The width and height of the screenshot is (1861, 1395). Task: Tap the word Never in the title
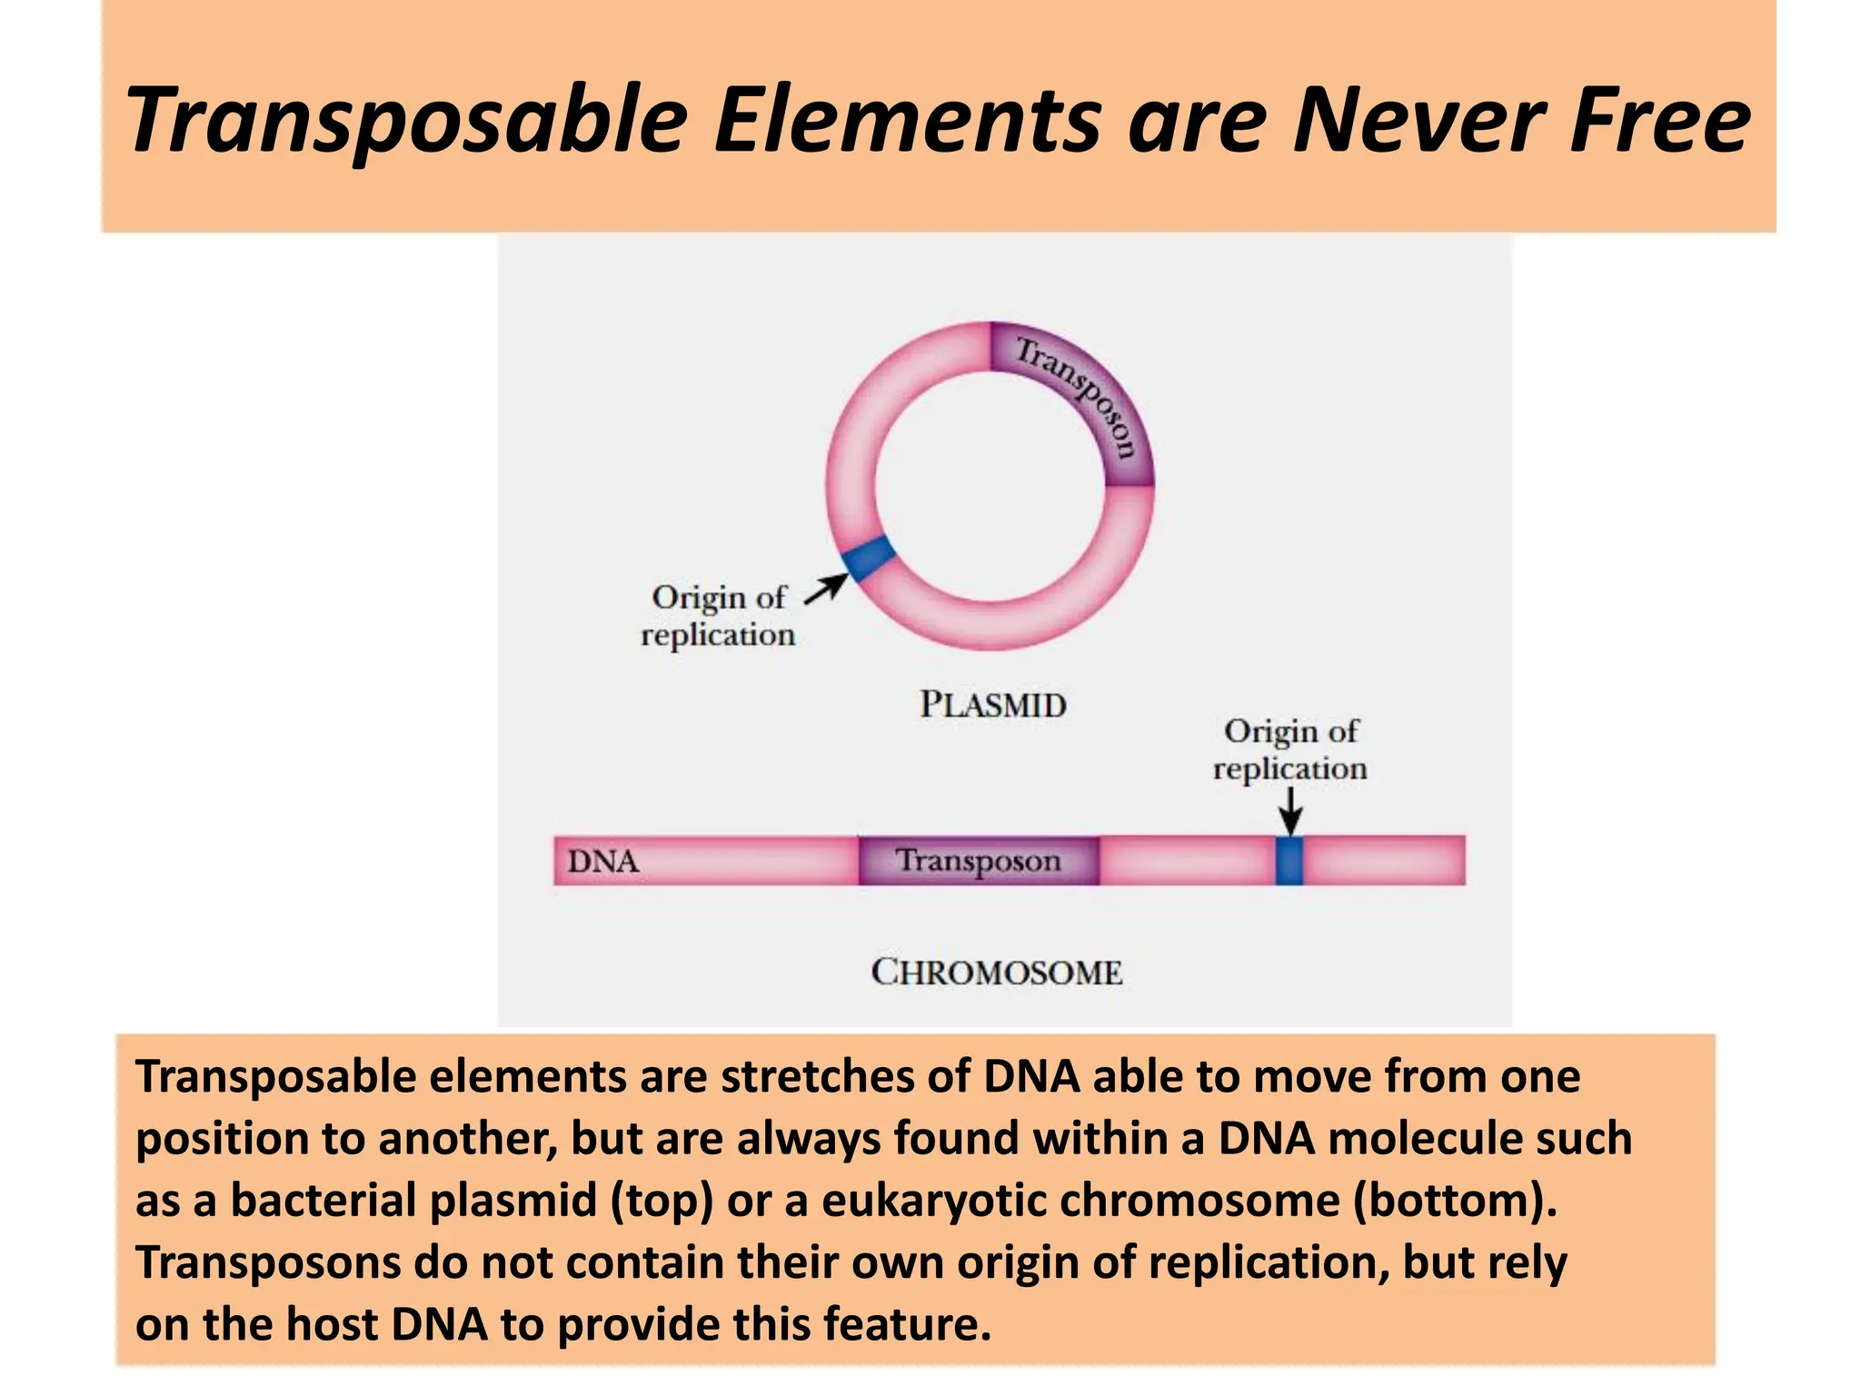click(1418, 120)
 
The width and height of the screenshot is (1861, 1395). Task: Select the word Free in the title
click(1659, 120)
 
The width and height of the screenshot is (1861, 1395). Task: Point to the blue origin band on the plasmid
click(868, 558)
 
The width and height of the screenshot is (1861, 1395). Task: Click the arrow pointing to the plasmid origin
click(825, 589)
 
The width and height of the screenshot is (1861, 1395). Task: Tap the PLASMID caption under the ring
click(992, 705)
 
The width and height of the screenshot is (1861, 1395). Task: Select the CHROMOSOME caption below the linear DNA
click(997, 972)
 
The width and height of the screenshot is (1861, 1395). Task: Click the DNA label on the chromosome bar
click(602, 861)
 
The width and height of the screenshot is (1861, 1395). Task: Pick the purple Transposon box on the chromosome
click(979, 861)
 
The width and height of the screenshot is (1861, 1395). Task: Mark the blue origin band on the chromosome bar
click(1289, 861)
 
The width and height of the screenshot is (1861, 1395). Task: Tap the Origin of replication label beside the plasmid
click(718, 616)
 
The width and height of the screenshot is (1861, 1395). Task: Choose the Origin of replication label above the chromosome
click(1289, 749)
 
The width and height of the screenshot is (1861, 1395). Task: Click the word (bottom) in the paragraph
click(1455, 1201)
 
